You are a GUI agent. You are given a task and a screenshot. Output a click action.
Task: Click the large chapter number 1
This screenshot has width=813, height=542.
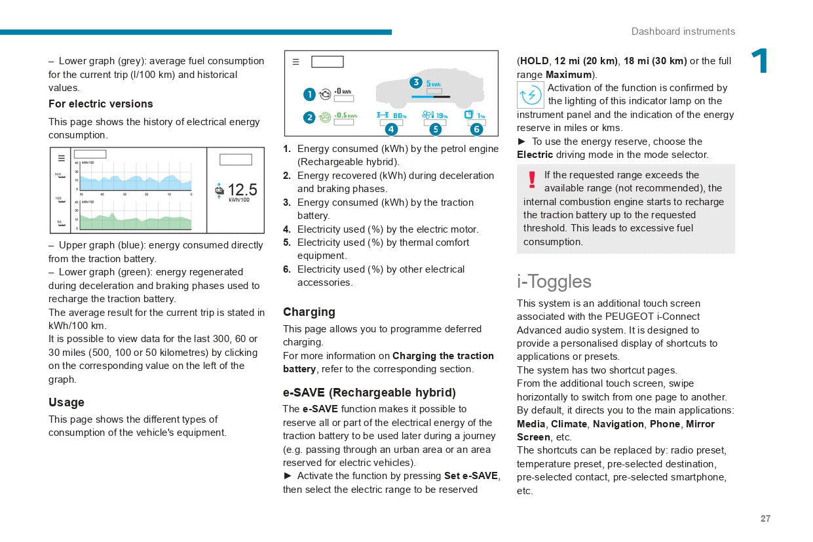(760, 62)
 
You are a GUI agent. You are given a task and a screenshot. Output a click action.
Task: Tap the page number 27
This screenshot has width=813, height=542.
(765, 518)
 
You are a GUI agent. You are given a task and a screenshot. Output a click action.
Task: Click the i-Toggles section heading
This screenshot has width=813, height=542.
(554, 281)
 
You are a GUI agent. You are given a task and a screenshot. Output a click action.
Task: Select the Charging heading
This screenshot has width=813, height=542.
(309, 312)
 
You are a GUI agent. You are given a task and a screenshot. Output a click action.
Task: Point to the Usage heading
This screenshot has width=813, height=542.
(66, 402)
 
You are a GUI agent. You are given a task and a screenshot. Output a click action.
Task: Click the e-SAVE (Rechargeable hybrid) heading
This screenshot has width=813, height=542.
(369, 393)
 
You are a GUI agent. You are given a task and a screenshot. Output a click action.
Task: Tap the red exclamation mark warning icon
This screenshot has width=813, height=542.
(532, 179)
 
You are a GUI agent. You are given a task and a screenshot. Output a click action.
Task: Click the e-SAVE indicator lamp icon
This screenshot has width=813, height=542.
(531, 95)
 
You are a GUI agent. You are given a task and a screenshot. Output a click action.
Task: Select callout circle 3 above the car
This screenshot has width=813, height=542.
(415, 83)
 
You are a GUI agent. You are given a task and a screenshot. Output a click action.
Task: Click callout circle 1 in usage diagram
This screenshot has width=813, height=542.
(309, 95)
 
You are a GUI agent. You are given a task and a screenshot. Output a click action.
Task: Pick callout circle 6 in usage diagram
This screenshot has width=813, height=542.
(476, 129)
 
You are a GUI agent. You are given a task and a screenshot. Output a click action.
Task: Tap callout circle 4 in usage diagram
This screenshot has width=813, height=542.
(391, 129)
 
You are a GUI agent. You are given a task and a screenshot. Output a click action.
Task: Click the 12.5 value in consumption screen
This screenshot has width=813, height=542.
(242, 190)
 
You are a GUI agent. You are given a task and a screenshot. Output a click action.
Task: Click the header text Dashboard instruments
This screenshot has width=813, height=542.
(683, 31)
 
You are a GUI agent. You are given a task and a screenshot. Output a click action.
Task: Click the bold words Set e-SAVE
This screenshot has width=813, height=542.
(470, 476)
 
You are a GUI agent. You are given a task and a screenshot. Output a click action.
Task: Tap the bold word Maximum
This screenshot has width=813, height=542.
(569, 75)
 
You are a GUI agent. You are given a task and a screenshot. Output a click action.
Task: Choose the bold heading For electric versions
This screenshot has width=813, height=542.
(101, 104)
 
